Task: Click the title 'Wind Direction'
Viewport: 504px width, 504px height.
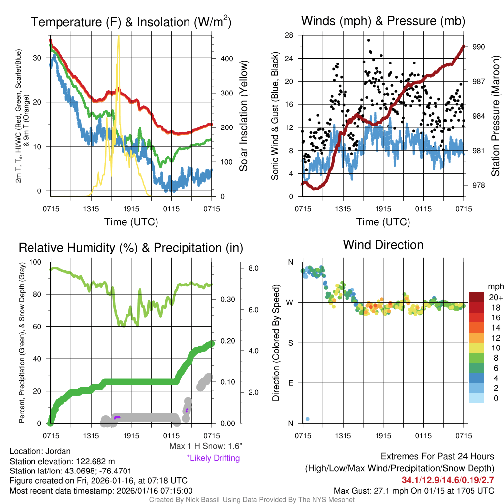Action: tap(383, 245)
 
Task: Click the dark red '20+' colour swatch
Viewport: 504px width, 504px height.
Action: tap(476, 298)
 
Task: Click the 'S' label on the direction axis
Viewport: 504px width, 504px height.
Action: tap(290, 343)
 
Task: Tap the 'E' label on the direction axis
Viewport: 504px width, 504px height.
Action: tap(290, 383)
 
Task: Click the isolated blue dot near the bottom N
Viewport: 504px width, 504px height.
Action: tap(307, 419)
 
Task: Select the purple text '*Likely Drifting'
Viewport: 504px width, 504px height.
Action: tap(213, 458)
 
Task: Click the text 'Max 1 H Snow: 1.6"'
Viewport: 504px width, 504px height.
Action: tap(205, 446)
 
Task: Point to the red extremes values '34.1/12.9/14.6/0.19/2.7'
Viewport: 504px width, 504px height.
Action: tap(448, 480)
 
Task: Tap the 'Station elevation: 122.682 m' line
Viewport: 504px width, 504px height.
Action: tap(62, 461)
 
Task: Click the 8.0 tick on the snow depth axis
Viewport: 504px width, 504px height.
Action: tap(253, 268)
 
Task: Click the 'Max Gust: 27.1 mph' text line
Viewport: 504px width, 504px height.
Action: tap(413, 490)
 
